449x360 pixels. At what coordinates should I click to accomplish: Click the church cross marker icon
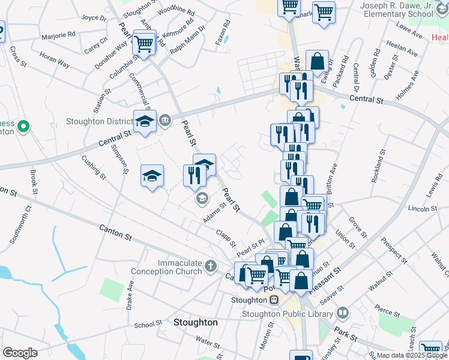point(210,265)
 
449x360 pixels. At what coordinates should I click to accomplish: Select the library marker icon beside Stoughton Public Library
point(343,313)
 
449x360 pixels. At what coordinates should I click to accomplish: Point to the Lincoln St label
point(422,208)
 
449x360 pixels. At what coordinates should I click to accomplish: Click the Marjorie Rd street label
point(58,35)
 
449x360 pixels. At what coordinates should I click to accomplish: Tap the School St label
point(145,325)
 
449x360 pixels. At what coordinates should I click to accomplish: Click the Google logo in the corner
point(20,353)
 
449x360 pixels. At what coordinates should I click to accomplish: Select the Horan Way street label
point(55,60)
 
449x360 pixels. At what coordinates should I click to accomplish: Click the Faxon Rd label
point(223,33)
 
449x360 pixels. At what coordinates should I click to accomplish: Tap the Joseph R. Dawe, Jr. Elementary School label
point(396,10)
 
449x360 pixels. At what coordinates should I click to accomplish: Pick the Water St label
point(208,342)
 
